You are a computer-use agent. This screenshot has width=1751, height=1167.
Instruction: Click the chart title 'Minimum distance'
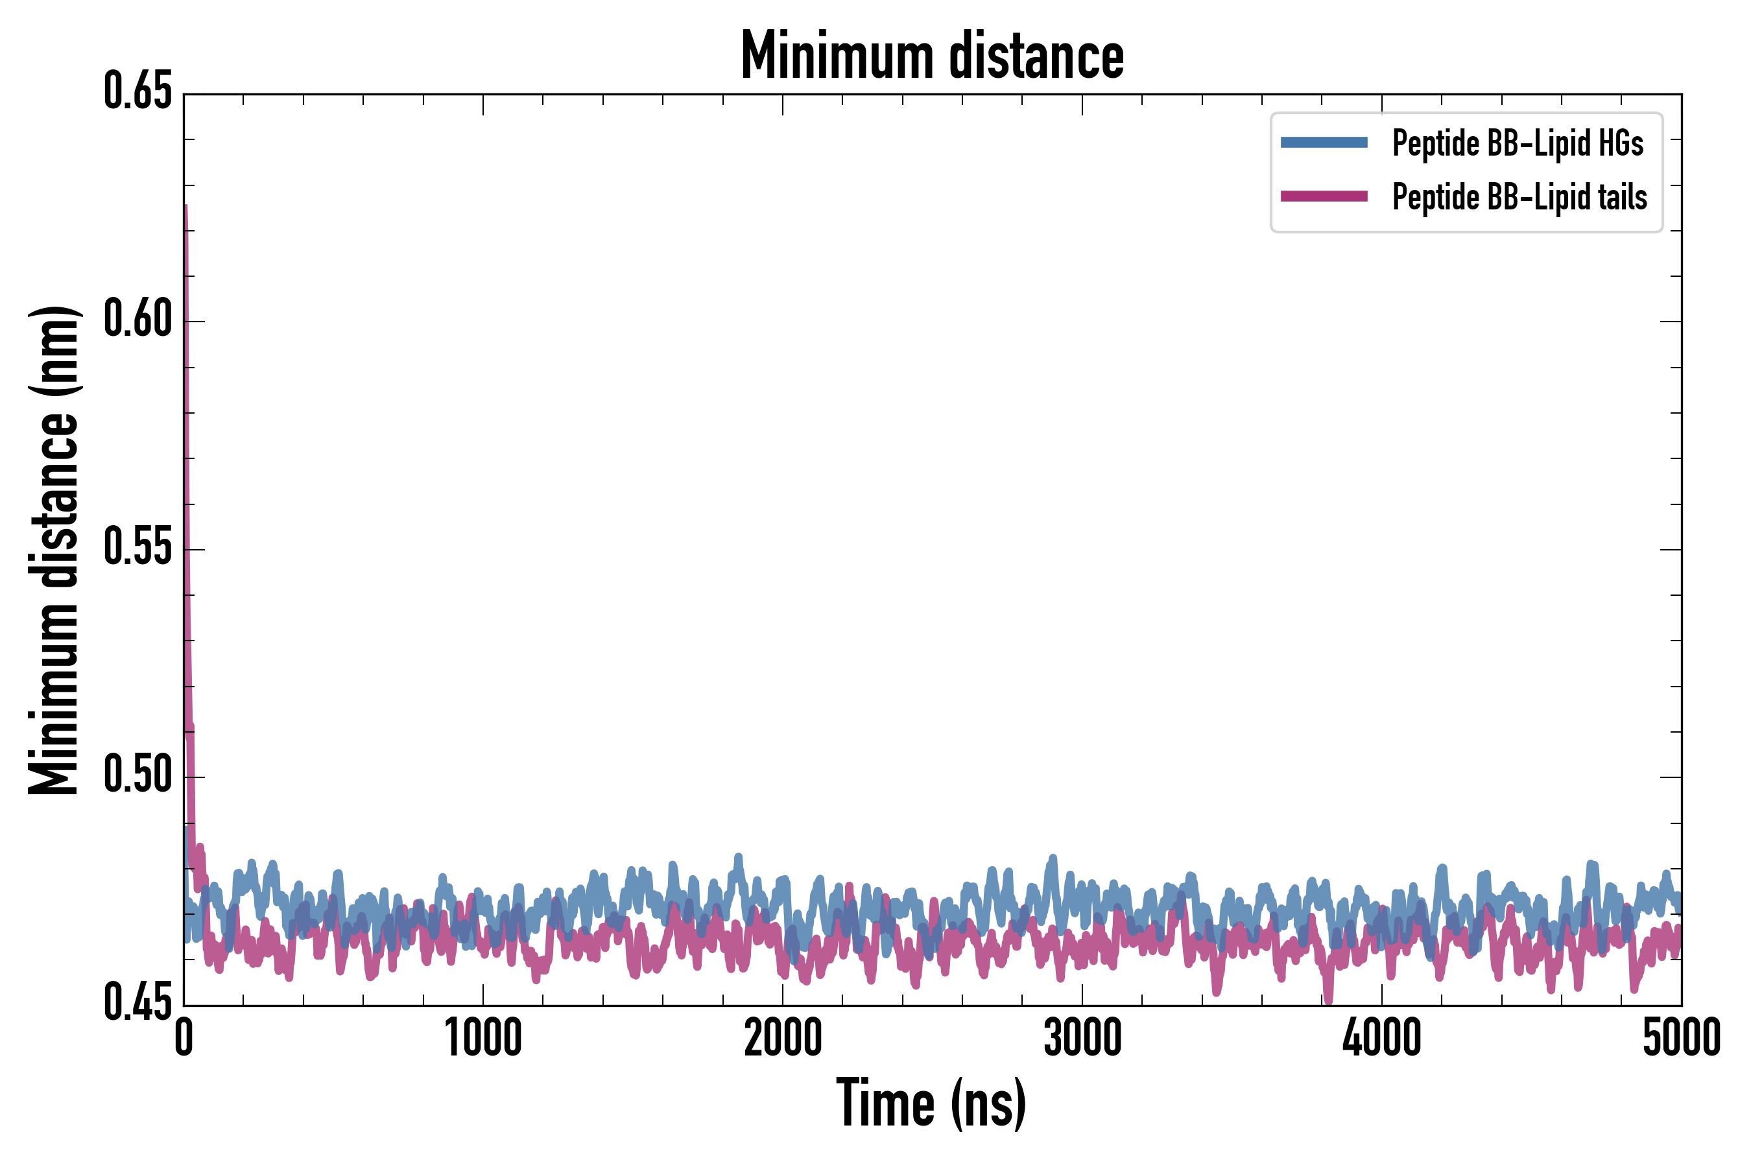click(x=931, y=56)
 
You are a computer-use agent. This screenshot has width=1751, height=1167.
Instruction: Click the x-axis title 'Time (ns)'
click(x=931, y=1103)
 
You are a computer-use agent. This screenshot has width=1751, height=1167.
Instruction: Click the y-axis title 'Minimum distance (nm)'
click(x=54, y=550)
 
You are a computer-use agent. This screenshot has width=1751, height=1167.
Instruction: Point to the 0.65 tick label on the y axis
click(x=137, y=91)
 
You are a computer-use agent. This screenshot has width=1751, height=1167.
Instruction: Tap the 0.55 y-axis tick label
click(x=137, y=548)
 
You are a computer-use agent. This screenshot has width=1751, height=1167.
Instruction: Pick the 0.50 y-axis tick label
click(x=137, y=775)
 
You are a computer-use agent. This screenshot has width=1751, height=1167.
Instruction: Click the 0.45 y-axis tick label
click(x=137, y=1003)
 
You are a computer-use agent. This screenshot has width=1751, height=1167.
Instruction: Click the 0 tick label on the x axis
click(x=184, y=1038)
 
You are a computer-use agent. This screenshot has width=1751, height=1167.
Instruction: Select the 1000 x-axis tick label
click(x=483, y=1038)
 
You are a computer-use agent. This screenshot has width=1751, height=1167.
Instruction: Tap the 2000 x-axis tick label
click(x=783, y=1038)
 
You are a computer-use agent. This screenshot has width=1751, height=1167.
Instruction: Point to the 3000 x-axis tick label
click(x=1082, y=1038)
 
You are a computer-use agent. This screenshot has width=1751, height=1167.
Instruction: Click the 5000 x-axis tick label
click(x=1681, y=1038)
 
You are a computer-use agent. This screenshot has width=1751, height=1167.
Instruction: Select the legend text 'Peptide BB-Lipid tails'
click(x=1519, y=197)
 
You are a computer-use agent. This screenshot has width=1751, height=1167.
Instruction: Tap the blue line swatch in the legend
click(x=1324, y=143)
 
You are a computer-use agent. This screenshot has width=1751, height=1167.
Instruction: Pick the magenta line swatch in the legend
click(x=1324, y=196)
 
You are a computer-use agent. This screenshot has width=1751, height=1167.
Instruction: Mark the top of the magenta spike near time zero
click(x=185, y=206)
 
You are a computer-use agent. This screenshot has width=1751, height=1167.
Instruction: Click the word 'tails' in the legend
click(x=1621, y=197)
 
